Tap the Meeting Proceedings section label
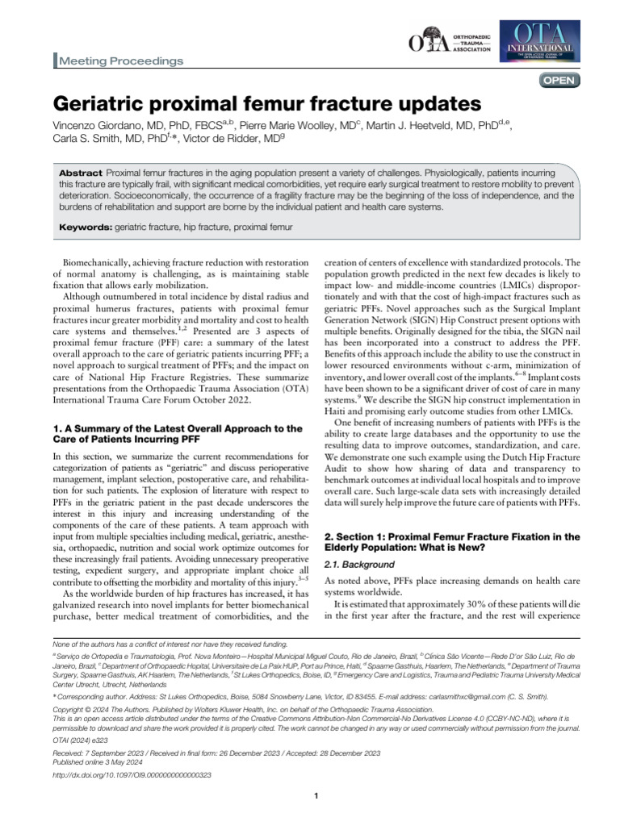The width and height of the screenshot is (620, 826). pyautogui.click(x=119, y=60)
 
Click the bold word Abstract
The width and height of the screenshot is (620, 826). pyautogui.click(x=81, y=174)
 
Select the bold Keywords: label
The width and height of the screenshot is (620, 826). pyautogui.click(x=86, y=229)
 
